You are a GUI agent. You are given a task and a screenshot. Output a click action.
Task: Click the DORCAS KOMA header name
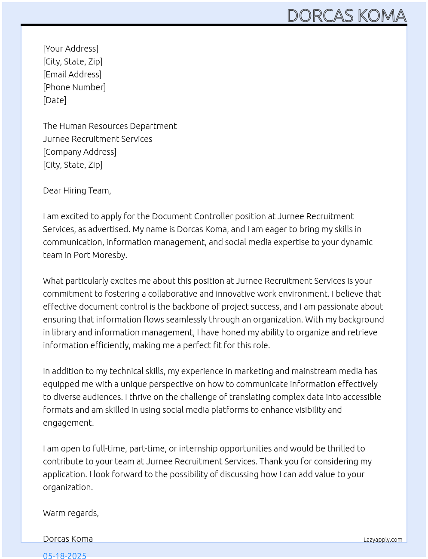346,15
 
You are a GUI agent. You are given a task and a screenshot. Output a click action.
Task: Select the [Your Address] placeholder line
70,49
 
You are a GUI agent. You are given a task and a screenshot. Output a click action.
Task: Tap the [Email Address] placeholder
72,74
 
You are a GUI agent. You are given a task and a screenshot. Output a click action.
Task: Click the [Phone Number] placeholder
74,87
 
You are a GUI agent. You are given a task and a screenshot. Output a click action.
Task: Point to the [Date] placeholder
55,100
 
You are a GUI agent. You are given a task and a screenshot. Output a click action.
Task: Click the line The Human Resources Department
110,126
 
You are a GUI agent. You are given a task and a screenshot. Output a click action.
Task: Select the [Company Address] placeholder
79,152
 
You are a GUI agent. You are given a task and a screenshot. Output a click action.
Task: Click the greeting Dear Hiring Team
77,190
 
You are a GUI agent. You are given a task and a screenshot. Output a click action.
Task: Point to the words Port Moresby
100,255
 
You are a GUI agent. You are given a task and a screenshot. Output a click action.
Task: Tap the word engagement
68,423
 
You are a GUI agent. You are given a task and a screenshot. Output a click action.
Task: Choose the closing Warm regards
71,513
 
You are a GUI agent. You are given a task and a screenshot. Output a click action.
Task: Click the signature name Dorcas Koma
68,539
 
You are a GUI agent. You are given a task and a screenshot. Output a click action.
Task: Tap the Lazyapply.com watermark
383,540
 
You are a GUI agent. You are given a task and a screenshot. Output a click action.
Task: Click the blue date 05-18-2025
64,555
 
